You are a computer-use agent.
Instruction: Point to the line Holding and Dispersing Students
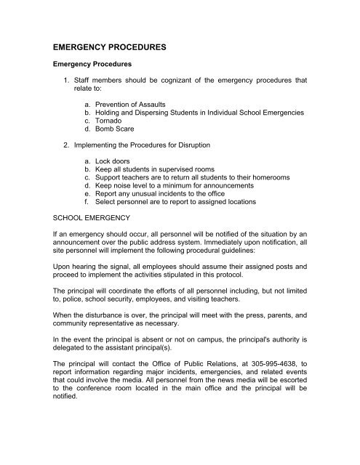(x=193, y=114)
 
